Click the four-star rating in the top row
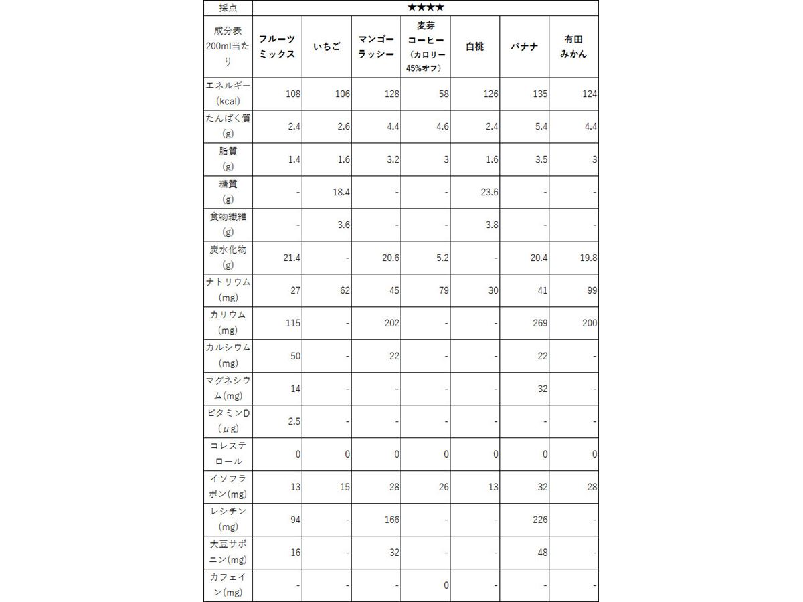click(425, 8)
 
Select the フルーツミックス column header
click(277, 47)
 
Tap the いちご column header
click(327, 47)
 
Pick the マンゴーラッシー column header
click(375, 47)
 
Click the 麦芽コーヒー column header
click(425, 47)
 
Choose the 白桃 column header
click(474, 47)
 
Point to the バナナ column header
click(524, 47)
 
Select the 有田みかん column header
click(573, 47)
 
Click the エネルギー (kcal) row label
click(228, 94)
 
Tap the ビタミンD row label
click(228, 421)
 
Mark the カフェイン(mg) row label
click(228, 585)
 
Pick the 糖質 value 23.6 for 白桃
click(490, 193)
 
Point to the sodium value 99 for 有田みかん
click(590, 291)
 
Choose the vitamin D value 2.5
click(293, 421)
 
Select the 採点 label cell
click(228, 8)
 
